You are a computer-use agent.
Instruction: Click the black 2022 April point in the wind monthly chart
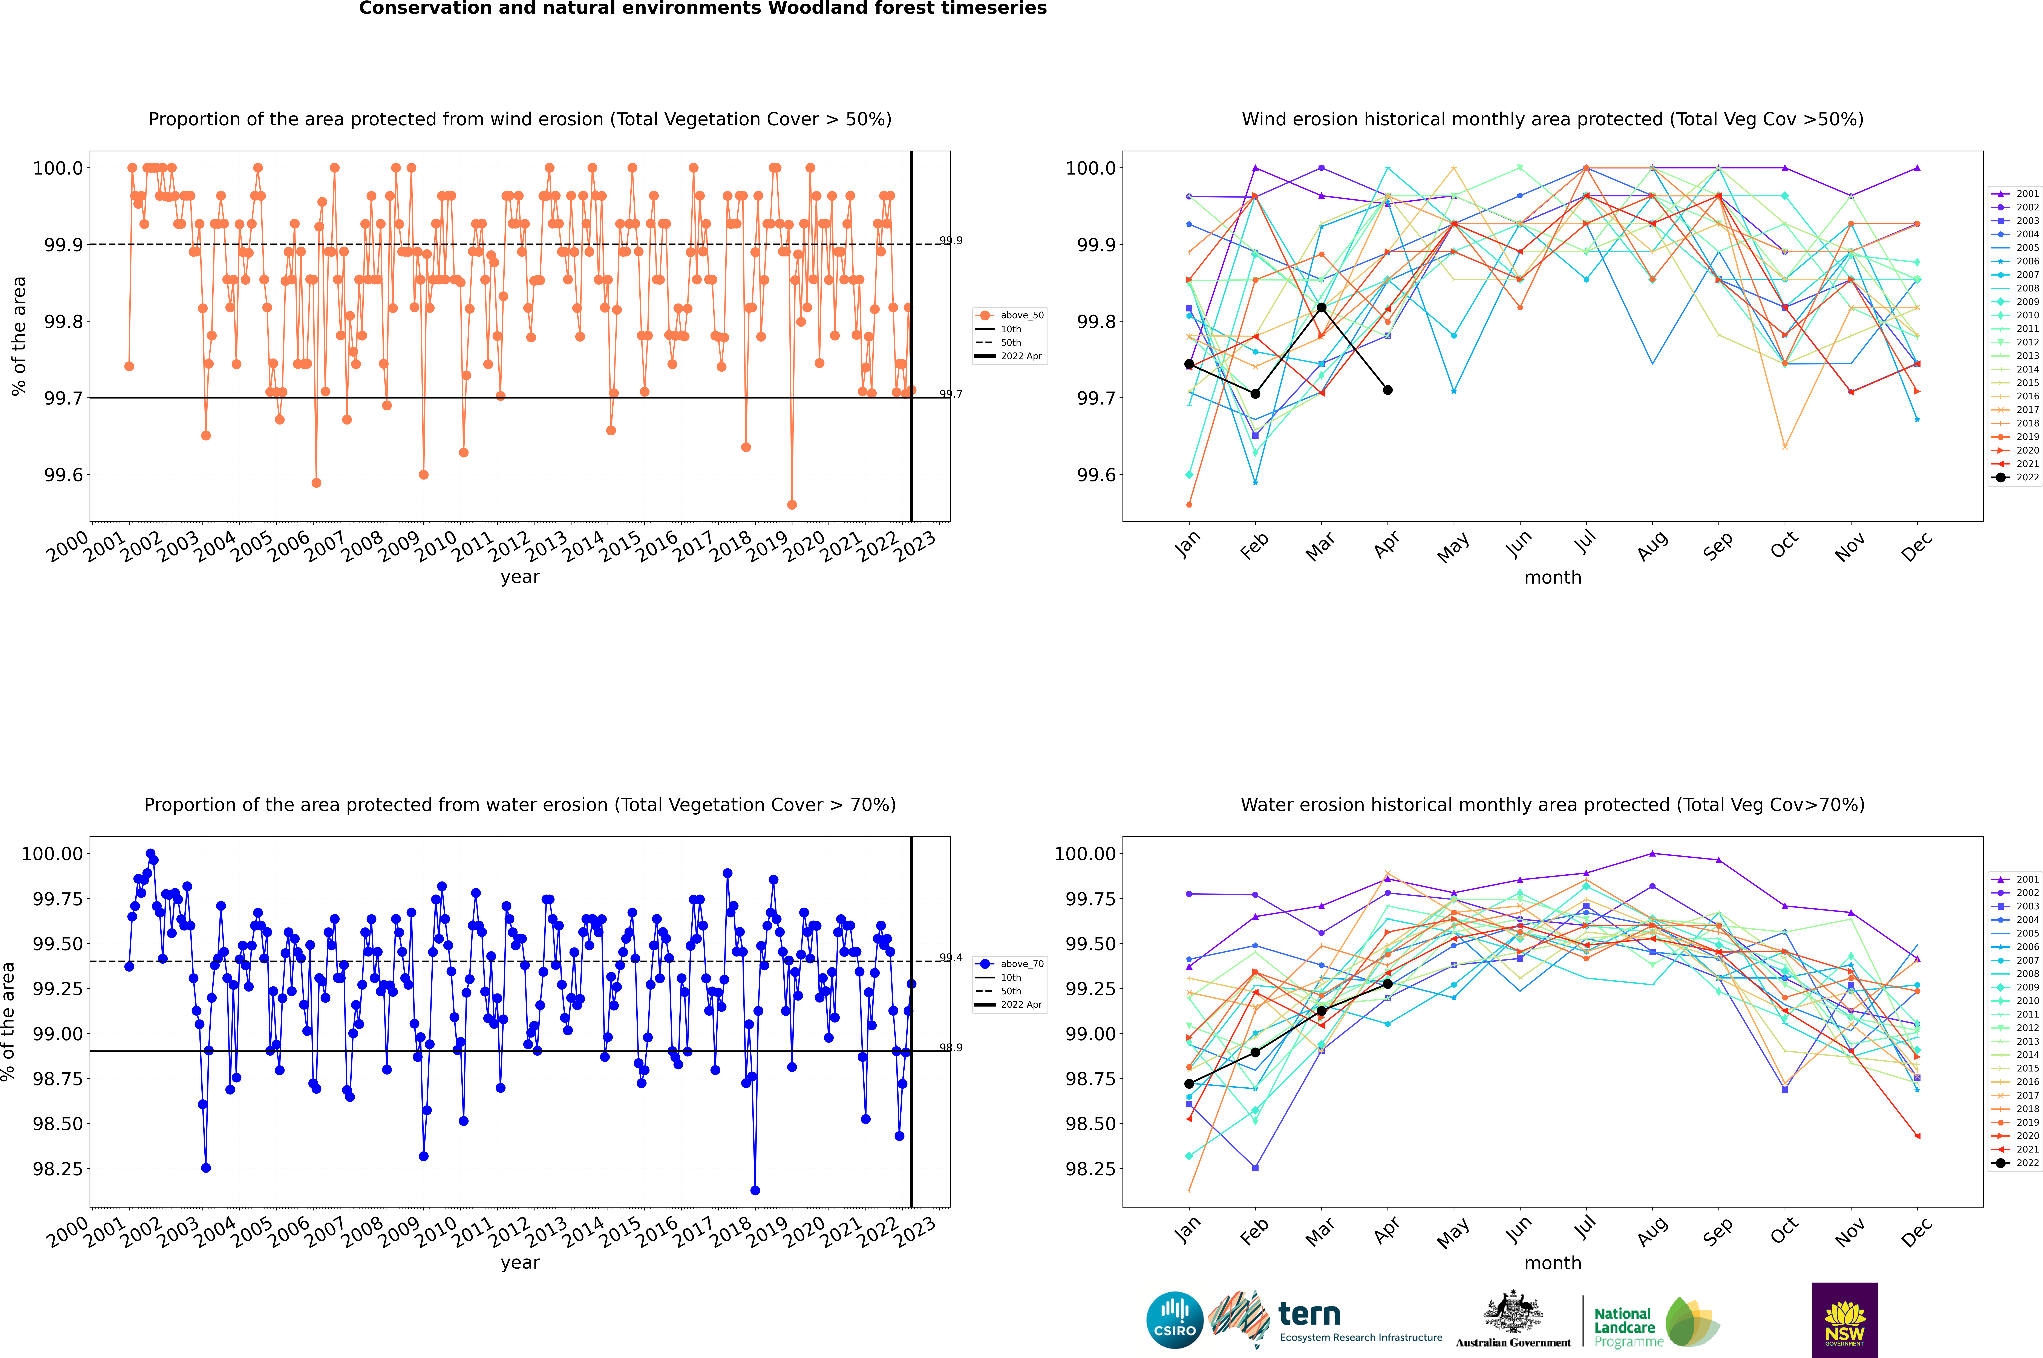(1388, 390)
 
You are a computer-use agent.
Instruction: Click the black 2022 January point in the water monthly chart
(1189, 1084)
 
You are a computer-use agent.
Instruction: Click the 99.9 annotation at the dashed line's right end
(951, 241)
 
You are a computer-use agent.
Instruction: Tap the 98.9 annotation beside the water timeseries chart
(951, 1048)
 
